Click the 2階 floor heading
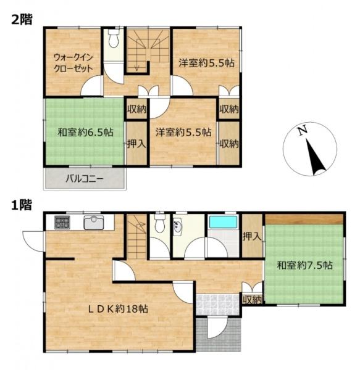[22, 19]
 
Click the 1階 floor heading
[22, 205]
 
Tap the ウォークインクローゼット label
[73, 63]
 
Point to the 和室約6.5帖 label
[85, 132]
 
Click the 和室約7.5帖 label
[304, 265]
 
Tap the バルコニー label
[85, 179]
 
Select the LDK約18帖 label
[118, 309]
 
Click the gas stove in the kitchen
[62, 222]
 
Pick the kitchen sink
[94, 222]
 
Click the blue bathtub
[223, 222]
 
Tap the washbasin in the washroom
[177, 226]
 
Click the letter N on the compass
[303, 131]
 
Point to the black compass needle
[316, 157]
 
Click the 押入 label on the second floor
[136, 144]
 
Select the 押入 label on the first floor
[253, 236]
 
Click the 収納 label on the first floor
[253, 300]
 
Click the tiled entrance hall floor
[217, 305]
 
